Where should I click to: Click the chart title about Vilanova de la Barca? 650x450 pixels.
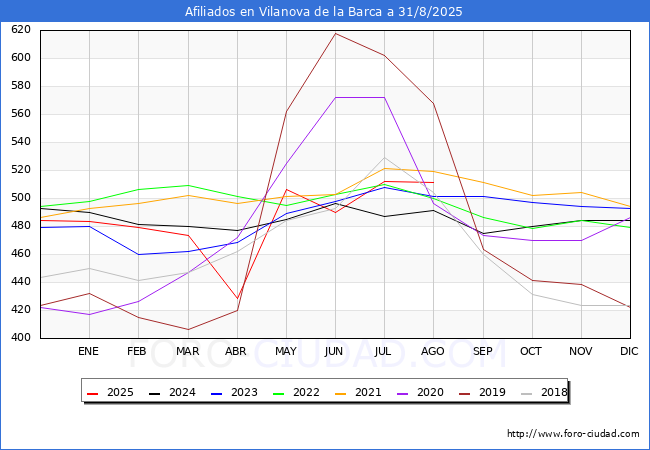tap(324, 12)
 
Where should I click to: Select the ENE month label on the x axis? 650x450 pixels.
tap(88, 352)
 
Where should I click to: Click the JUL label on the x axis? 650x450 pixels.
tap(383, 352)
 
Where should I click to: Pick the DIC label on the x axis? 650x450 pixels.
tap(629, 352)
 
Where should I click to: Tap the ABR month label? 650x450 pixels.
tap(236, 352)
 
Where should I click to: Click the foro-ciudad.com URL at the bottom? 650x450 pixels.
tap(573, 434)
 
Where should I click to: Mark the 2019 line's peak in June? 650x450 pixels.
tap(335, 33)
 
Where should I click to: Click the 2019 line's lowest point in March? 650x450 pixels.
tap(187, 330)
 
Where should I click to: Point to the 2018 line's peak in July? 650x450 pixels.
tap(384, 157)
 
